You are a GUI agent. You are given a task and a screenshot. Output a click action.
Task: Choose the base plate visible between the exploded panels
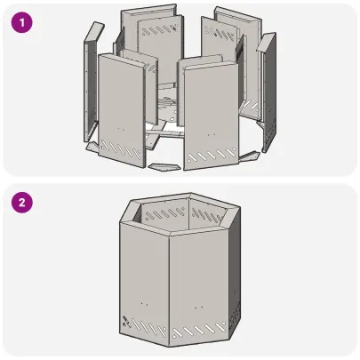(169, 111)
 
